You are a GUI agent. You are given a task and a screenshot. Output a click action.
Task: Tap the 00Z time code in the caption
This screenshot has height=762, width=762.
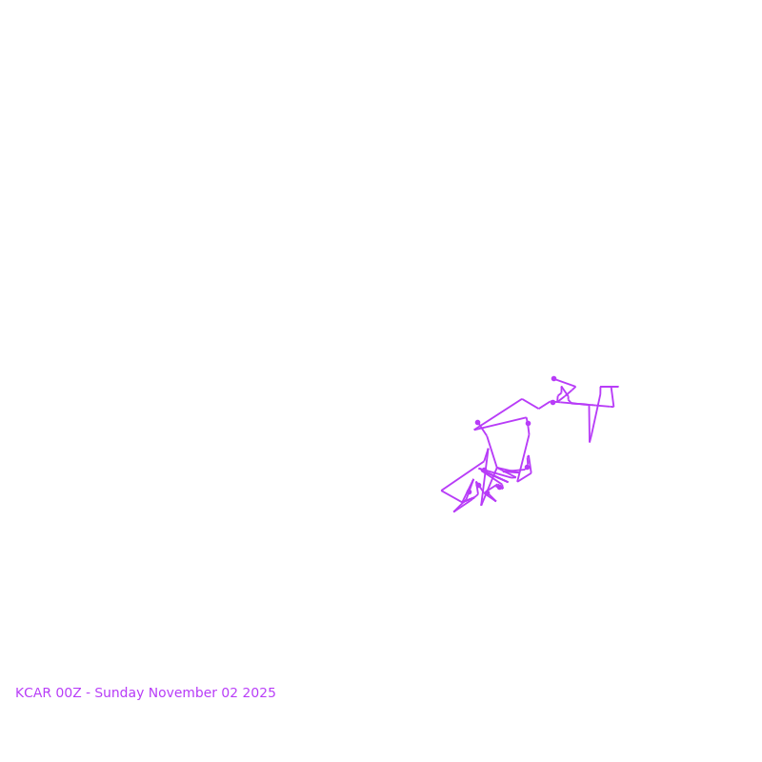click(x=69, y=693)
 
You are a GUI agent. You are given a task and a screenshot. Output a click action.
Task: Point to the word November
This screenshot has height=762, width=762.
click(x=184, y=693)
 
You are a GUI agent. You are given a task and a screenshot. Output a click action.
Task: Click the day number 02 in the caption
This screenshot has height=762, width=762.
click(x=229, y=693)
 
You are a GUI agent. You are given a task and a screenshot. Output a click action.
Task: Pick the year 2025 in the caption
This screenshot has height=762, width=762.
click(x=259, y=693)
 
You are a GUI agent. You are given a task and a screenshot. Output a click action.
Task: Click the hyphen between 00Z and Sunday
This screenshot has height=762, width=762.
click(x=88, y=693)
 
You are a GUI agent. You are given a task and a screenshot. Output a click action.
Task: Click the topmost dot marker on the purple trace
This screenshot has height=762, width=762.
click(x=553, y=378)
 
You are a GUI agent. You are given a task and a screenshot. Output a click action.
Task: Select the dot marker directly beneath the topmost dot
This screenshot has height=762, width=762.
click(x=552, y=402)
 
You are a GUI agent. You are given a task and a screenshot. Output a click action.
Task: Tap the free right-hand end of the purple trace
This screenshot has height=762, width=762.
click(x=618, y=387)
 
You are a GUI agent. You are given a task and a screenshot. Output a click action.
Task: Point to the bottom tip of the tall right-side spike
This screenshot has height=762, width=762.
click(x=590, y=442)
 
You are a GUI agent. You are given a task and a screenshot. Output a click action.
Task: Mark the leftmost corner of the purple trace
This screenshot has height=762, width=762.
click(x=442, y=491)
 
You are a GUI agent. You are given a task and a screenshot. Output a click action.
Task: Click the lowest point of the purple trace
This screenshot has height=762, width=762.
click(x=454, y=511)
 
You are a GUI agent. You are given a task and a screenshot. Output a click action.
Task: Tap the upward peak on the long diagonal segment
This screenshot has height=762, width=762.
click(x=522, y=399)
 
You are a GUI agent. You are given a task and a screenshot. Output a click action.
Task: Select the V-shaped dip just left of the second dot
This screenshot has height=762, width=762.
click(x=539, y=409)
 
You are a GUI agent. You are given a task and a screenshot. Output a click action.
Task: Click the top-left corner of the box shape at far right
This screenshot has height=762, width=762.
click(x=601, y=387)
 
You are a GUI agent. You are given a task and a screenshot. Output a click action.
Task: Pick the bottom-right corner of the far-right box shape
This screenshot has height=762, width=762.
click(x=613, y=407)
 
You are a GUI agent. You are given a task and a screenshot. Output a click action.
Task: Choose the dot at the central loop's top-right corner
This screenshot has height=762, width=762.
click(x=528, y=423)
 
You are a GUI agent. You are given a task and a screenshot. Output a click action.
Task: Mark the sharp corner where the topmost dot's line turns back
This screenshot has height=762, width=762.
click(x=575, y=387)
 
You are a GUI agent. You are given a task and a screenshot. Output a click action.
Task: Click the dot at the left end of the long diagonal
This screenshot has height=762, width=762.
click(x=477, y=423)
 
